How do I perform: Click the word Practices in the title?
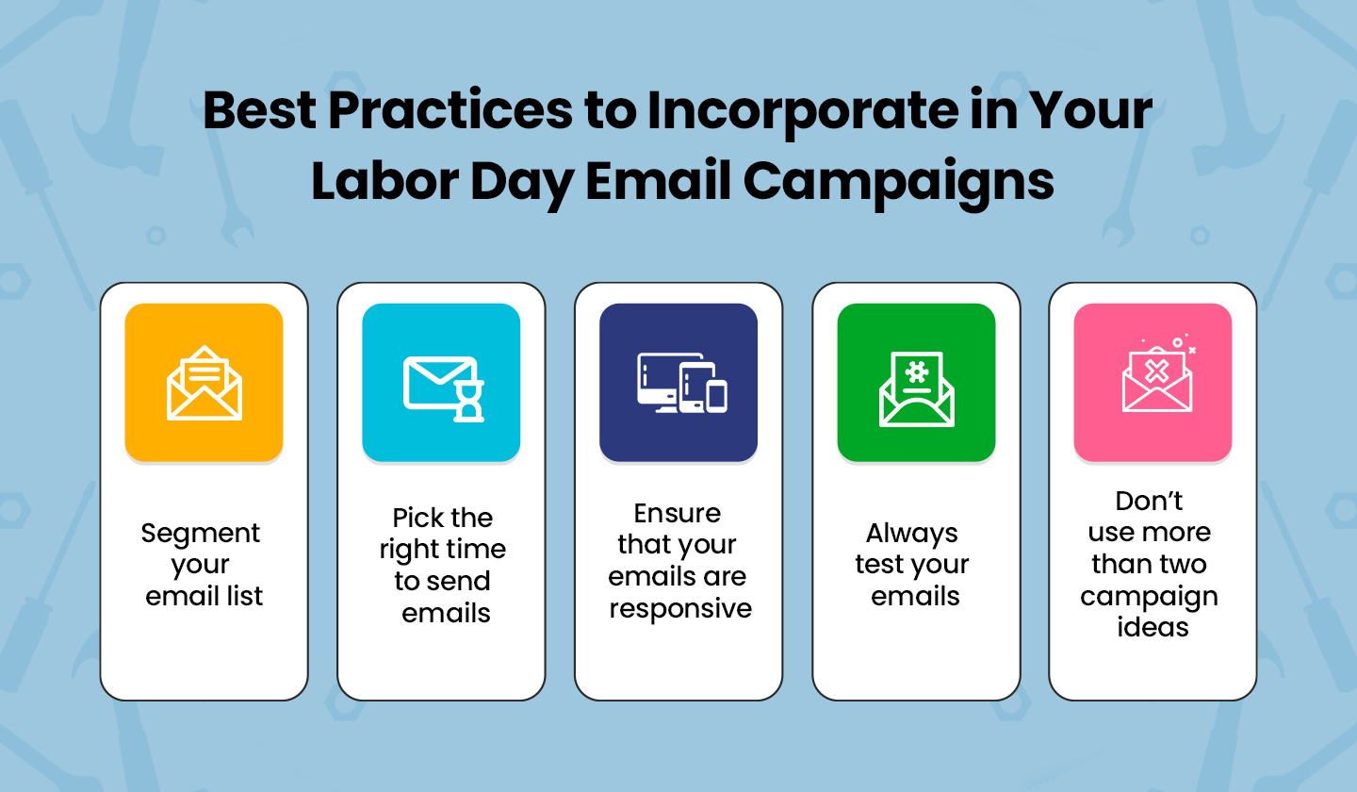[x=450, y=110]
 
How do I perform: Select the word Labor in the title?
[x=385, y=181]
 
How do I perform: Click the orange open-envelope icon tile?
[x=204, y=383]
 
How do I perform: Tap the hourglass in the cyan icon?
[x=469, y=401]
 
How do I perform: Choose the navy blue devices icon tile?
[x=678, y=383]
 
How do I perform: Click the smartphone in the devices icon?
[x=716, y=397]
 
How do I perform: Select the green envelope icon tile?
[x=916, y=383]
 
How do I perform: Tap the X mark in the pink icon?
[x=1156, y=372]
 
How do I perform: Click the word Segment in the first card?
[x=201, y=535]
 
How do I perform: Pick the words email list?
[x=204, y=596]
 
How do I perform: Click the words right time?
[x=443, y=551]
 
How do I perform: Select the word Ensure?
[x=678, y=514]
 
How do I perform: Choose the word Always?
[x=912, y=535]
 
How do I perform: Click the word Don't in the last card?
[x=1150, y=502]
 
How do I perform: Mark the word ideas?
[x=1153, y=627]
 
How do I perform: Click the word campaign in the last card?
[x=1150, y=598]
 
